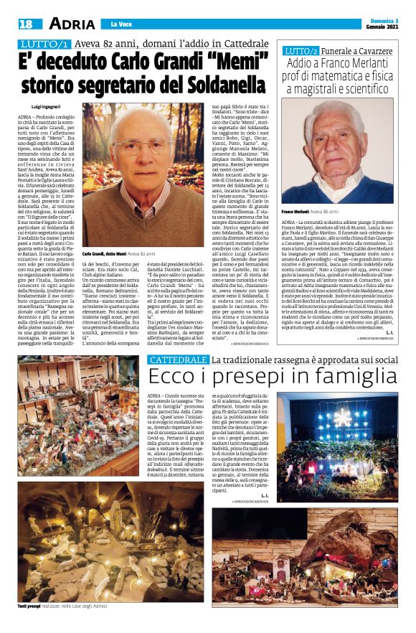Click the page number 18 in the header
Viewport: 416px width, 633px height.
(25, 24)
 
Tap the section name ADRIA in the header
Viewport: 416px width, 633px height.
(68, 24)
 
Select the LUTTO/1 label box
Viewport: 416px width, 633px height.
(45, 44)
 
